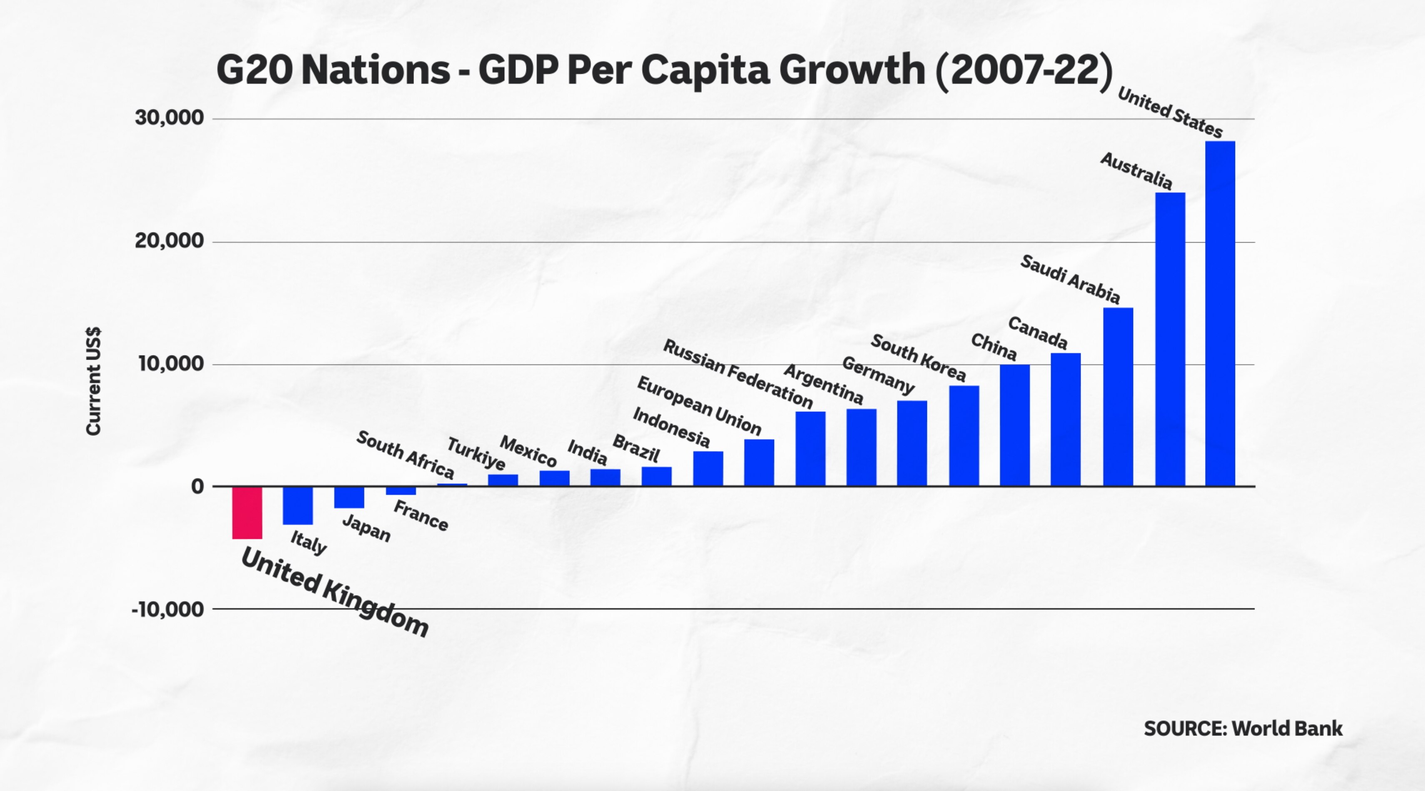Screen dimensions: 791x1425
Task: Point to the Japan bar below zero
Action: (x=349, y=497)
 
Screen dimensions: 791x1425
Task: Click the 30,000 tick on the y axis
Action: (x=169, y=118)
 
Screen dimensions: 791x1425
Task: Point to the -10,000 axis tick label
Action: (x=168, y=609)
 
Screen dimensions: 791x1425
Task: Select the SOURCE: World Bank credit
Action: (x=1243, y=728)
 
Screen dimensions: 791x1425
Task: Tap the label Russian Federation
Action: (x=737, y=374)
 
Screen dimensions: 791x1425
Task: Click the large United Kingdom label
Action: (x=335, y=592)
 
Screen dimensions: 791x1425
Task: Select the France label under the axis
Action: (x=421, y=516)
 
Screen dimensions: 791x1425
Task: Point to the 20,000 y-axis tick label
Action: (x=169, y=241)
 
